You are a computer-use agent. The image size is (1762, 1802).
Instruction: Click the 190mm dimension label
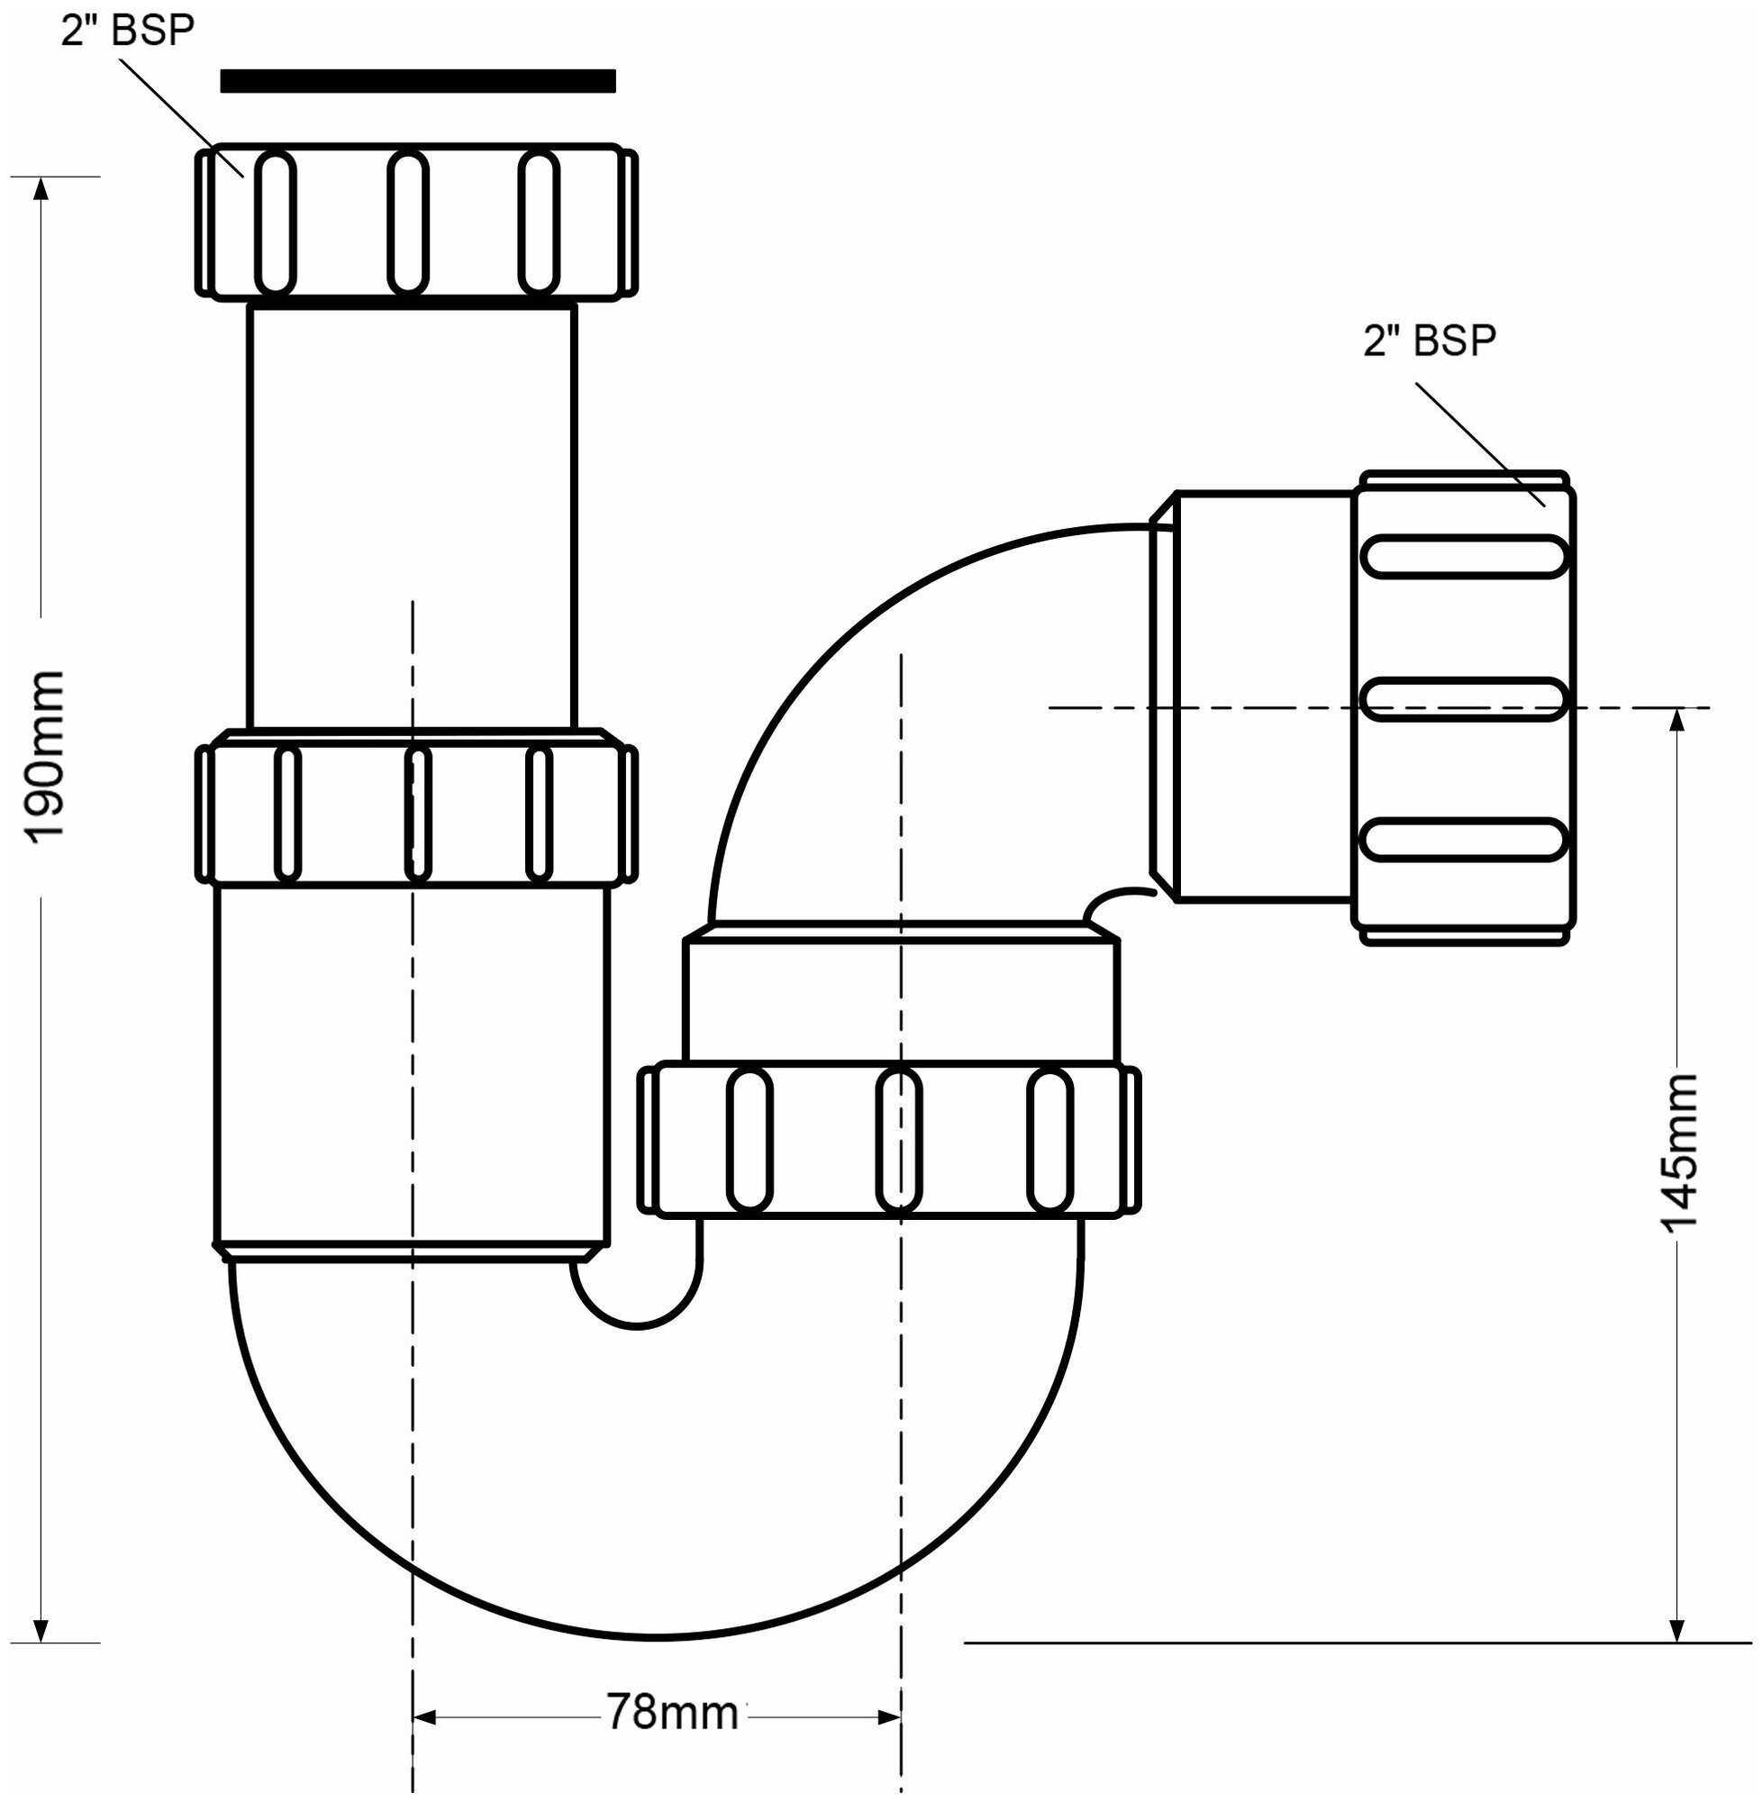44,757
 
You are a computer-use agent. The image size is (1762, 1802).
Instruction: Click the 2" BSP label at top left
129,31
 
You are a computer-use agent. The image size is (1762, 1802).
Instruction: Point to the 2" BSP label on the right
1430,341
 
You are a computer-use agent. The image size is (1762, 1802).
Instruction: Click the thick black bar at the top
417,81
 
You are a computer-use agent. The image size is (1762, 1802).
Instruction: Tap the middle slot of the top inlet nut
408,223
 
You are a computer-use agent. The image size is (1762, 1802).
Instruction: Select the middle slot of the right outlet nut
1466,699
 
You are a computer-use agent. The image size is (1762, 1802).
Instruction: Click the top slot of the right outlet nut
1466,557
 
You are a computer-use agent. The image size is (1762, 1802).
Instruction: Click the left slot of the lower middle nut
749,1141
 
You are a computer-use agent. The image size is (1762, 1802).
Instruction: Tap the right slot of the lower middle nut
1049,1141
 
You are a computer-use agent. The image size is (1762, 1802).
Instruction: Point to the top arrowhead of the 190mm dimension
40,188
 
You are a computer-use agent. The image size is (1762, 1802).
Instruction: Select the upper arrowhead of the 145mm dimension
1676,721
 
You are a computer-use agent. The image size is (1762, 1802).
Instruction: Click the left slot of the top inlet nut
275,223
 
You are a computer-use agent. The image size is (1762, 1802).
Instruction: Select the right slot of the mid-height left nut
540,813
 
